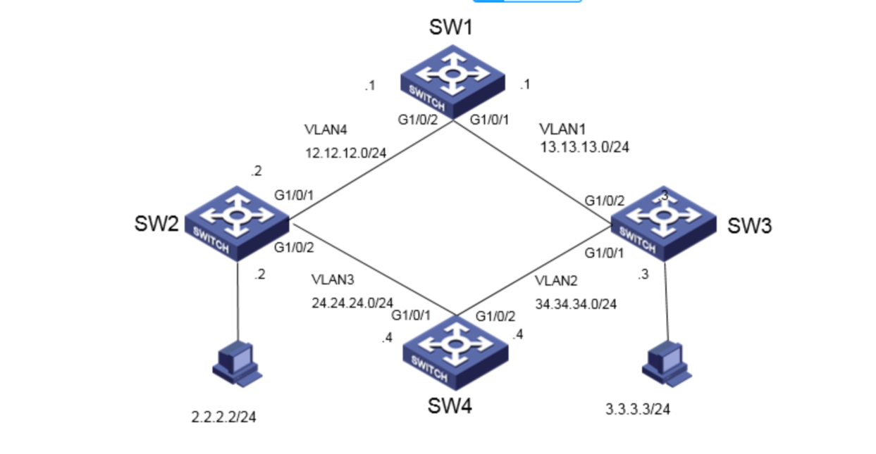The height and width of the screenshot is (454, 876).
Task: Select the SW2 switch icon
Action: [238, 225]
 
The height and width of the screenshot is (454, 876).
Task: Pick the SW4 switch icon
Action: [456, 353]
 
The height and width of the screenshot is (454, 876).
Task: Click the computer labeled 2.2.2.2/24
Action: [237, 363]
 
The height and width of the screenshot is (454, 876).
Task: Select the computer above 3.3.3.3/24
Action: [666, 362]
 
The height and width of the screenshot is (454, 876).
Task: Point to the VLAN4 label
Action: [326, 130]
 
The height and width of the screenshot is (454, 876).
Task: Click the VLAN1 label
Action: [561, 130]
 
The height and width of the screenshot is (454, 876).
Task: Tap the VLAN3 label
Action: [333, 280]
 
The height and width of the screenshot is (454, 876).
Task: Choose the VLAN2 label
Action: [556, 282]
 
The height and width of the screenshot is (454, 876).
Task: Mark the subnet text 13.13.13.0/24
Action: [585, 148]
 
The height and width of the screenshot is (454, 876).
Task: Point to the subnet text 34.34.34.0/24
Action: [576, 304]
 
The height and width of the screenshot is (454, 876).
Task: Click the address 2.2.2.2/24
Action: [223, 417]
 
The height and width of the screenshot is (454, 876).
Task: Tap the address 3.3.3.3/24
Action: [638, 409]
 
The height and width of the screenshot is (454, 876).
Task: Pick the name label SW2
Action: [156, 225]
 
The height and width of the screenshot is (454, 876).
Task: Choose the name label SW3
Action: [750, 226]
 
